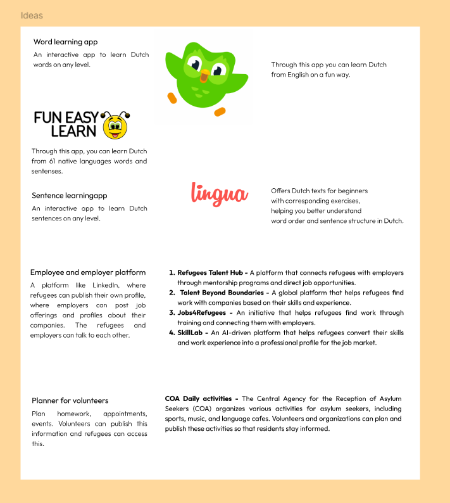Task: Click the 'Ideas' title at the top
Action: [x=32, y=15]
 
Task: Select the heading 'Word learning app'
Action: [x=66, y=42]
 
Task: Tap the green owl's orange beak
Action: [x=204, y=77]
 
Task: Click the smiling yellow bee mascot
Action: [x=115, y=125]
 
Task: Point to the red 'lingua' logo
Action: [x=219, y=193]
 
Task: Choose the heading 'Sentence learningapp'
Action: [x=70, y=196]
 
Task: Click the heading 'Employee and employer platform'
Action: [x=88, y=272]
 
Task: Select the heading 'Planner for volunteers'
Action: [x=70, y=400]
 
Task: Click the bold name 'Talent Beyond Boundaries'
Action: [x=220, y=293]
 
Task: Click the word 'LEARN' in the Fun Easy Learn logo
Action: [x=73, y=132]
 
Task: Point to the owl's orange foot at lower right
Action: [x=220, y=111]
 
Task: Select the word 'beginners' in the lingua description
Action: [x=351, y=191]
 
